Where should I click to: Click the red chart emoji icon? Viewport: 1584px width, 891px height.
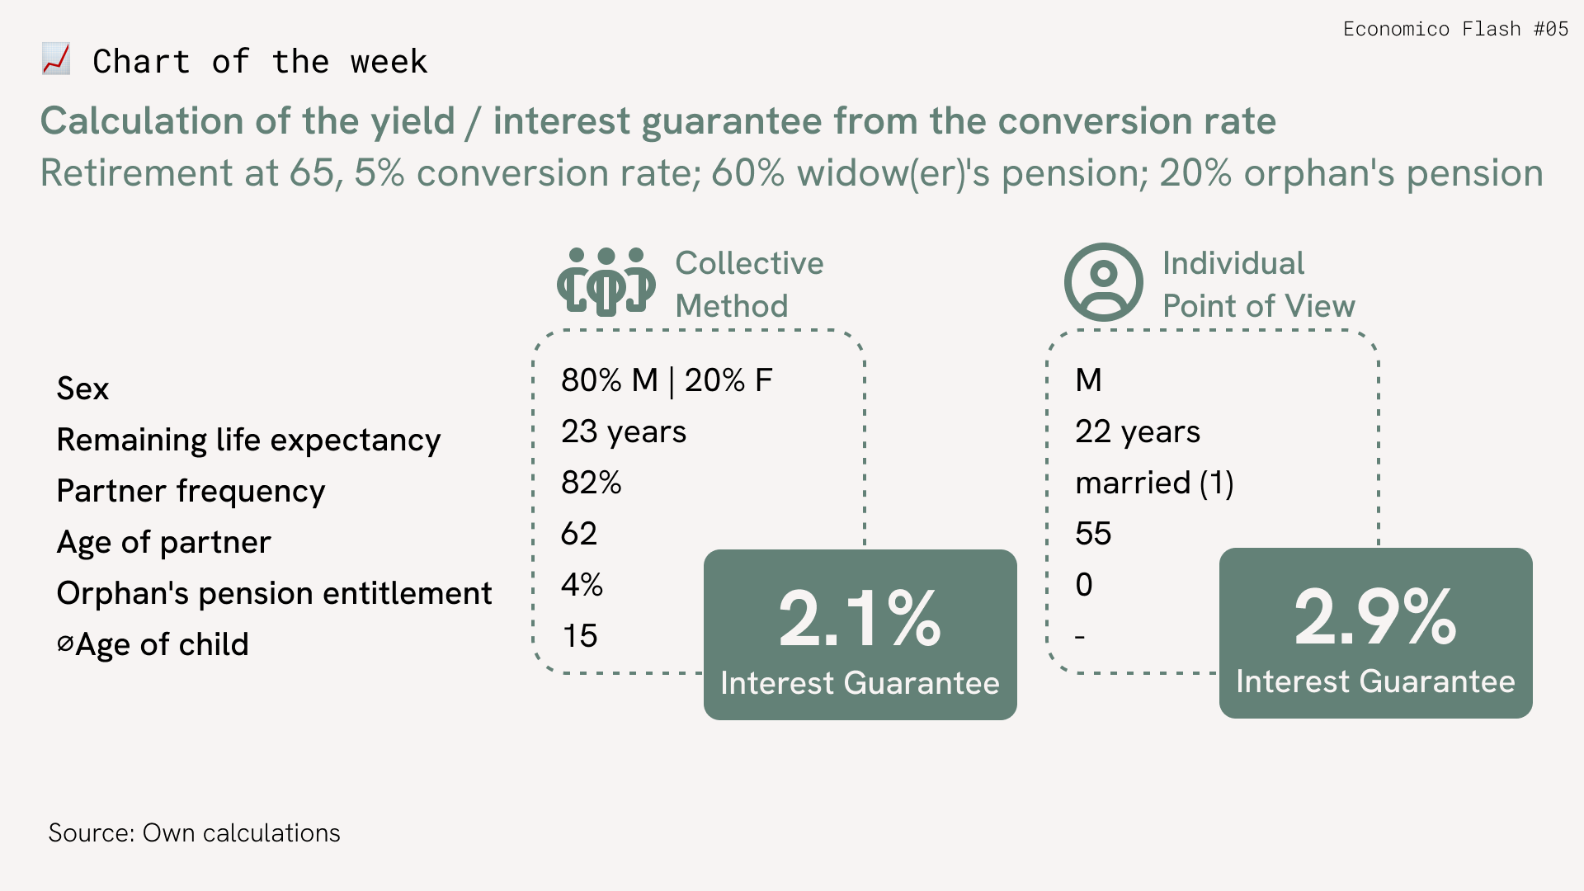[x=56, y=59]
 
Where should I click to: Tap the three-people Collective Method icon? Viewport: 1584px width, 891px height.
[x=606, y=281]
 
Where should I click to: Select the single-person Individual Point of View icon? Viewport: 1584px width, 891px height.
[x=1104, y=282]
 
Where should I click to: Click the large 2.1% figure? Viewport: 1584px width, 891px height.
[x=860, y=618]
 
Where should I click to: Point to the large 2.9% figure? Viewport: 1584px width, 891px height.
[x=1375, y=616]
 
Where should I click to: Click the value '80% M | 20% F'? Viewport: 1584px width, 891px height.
[x=667, y=380]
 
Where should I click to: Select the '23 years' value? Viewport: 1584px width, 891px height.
[x=624, y=431]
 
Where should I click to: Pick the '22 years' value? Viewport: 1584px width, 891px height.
[x=1138, y=431]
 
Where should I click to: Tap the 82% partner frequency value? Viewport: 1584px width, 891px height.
[x=592, y=483]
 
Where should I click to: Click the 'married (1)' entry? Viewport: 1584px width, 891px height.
[x=1154, y=483]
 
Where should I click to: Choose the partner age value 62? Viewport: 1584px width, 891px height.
[x=579, y=534]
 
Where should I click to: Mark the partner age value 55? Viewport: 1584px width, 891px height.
[x=1093, y=534]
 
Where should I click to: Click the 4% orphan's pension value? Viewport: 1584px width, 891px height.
[x=582, y=585]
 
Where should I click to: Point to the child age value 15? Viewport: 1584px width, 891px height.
[x=580, y=636]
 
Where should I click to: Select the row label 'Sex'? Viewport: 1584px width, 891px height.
[x=82, y=389]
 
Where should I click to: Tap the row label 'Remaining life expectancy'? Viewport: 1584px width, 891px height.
[x=248, y=440]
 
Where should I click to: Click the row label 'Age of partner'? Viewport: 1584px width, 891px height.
[x=163, y=542]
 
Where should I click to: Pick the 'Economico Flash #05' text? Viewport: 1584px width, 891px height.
[x=1455, y=29]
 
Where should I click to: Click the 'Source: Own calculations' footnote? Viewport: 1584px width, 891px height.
[x=194, y=833]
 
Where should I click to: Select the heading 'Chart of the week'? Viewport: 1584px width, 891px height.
[x=260, y=62]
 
